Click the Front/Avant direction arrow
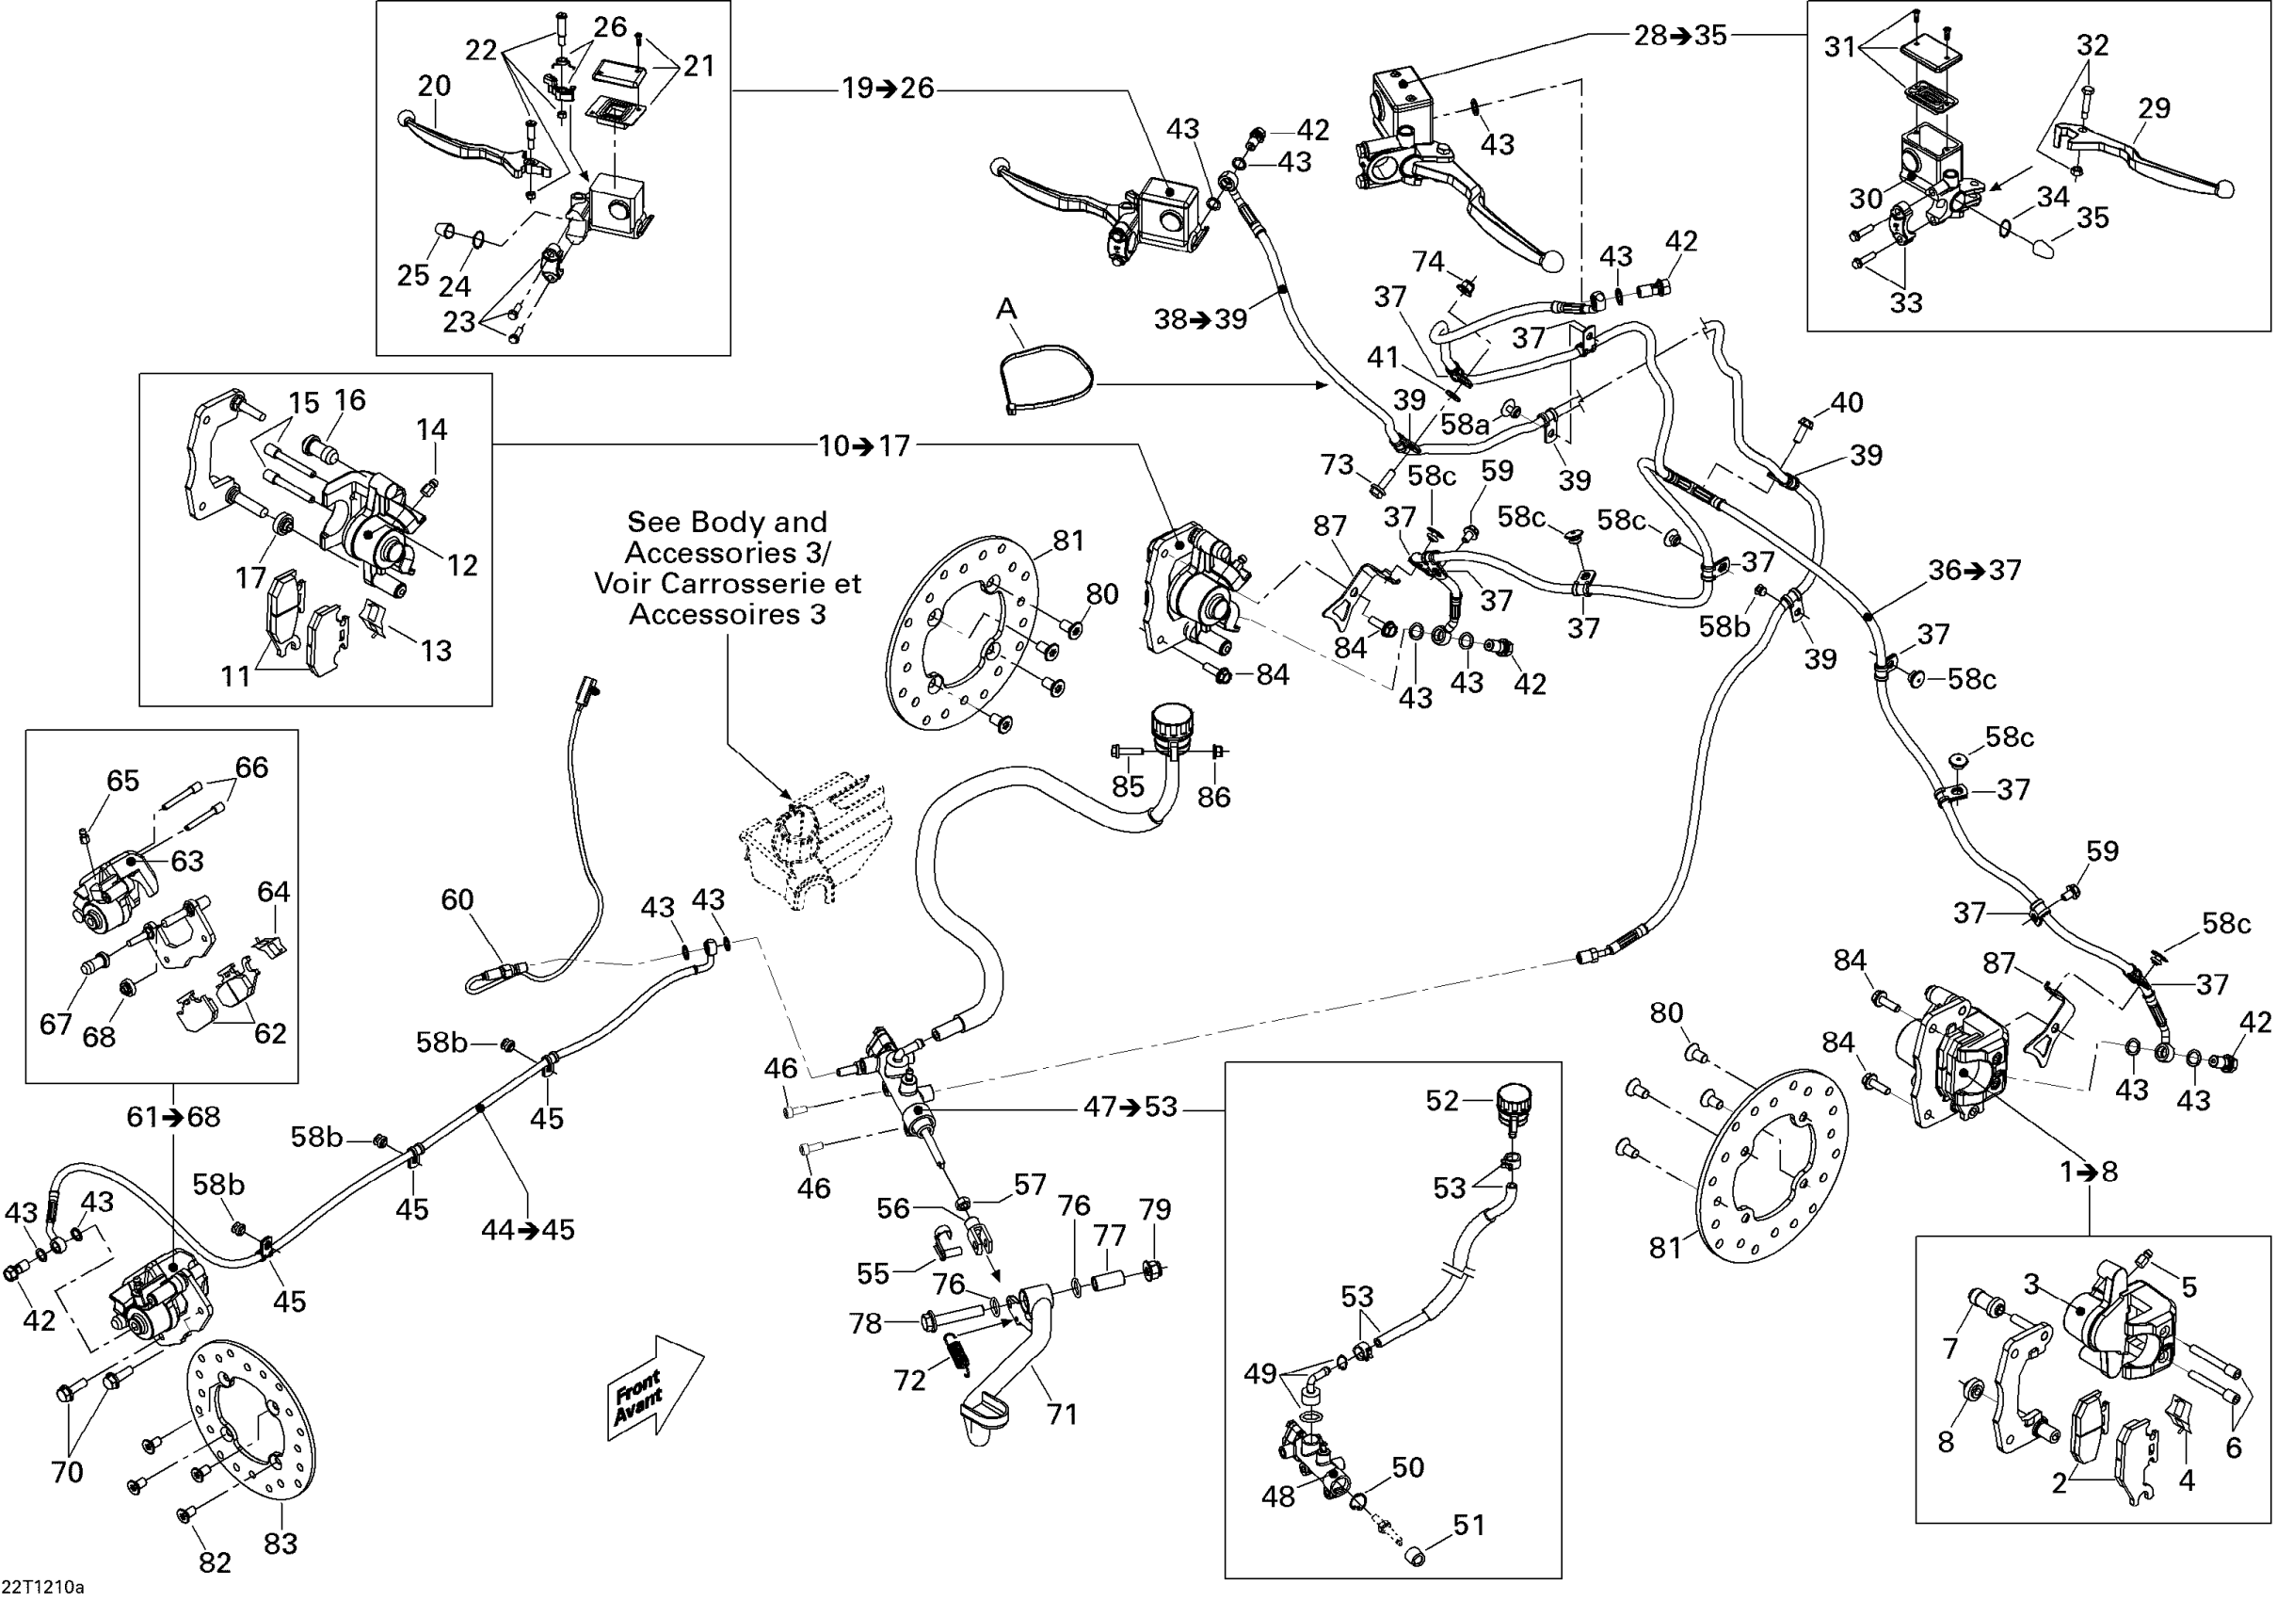tap(654, 1385)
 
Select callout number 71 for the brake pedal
tap(1062, 1414)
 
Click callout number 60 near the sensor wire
tap(457, 899)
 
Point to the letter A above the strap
tap(1006, 309)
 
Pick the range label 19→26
tap(888, 89)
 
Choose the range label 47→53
tap(1130, 1106)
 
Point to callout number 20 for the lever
tap(434, 86)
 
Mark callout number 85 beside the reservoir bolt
tap(1129, 785)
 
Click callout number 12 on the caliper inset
tap(462, 565)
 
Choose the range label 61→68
tap(173, 1117)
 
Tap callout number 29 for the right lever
tap(2154, 108)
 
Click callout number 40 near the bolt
tap(1847, 402)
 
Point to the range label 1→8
tap(2089, 1172)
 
